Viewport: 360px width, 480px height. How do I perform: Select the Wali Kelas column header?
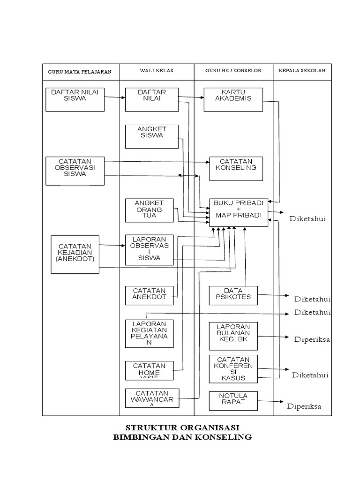[157, 71]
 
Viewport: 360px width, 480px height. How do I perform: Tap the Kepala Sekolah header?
[302, 71]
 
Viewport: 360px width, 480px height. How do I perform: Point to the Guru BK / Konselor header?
[233, 71]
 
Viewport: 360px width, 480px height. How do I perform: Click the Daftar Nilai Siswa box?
[75, 99]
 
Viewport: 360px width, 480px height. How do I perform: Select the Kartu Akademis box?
[233, 99]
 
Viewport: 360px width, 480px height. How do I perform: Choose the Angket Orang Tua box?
[149, 210]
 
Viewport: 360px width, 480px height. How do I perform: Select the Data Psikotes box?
[233, 295]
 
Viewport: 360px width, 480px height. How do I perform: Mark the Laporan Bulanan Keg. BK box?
[233, 336]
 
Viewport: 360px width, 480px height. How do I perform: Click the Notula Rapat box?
[233, 400]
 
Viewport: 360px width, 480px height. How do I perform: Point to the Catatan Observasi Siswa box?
[75, 171]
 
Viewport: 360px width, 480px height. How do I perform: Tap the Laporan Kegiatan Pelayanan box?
[149, 333]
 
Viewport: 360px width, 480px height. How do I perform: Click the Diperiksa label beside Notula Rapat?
[304, 406]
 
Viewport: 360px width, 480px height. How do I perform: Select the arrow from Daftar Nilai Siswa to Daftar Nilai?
[115, 98]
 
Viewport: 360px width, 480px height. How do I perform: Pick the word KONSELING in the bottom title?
[225, 438]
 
